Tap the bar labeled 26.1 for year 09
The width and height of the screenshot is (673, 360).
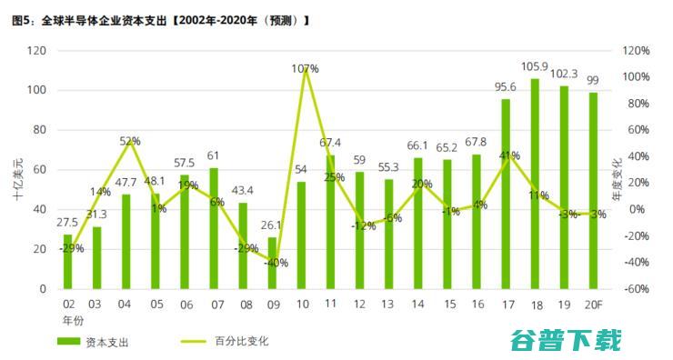coord(272,263)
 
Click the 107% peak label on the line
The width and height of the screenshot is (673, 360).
coord(306,68)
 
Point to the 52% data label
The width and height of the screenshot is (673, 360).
coord(129,141)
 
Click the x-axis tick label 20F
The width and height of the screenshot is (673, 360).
coord(593,303)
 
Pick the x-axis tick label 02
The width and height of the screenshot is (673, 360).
coord(68,303)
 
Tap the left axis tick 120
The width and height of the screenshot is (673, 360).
coord(37,51)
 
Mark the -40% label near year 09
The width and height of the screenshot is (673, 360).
coord(276,263)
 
